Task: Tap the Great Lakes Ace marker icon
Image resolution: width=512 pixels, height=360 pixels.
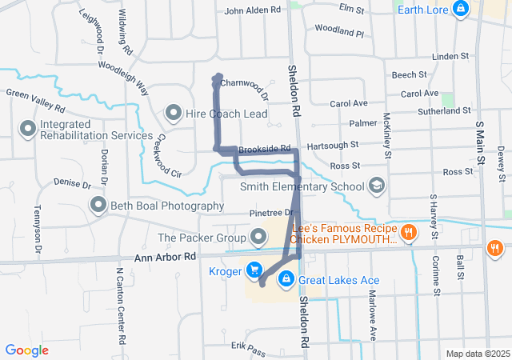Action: point(286,279)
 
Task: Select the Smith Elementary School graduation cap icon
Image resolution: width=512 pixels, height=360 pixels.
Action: point(375,187)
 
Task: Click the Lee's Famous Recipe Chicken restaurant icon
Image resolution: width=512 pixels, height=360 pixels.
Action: point(409,233)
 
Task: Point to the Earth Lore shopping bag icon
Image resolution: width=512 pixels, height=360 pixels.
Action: point(460,10)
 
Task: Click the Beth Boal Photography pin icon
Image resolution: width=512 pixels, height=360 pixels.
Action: point(98,206)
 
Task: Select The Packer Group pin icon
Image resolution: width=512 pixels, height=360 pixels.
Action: point(258,237)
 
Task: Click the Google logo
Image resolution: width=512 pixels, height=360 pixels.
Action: point(27,350)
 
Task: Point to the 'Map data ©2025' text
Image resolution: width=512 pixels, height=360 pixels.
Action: point(477,354)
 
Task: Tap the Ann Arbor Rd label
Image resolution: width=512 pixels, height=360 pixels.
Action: point(154,256)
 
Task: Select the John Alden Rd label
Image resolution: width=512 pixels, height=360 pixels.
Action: point(253,10)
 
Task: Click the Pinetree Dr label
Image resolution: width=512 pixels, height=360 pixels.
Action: point(272,213)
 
